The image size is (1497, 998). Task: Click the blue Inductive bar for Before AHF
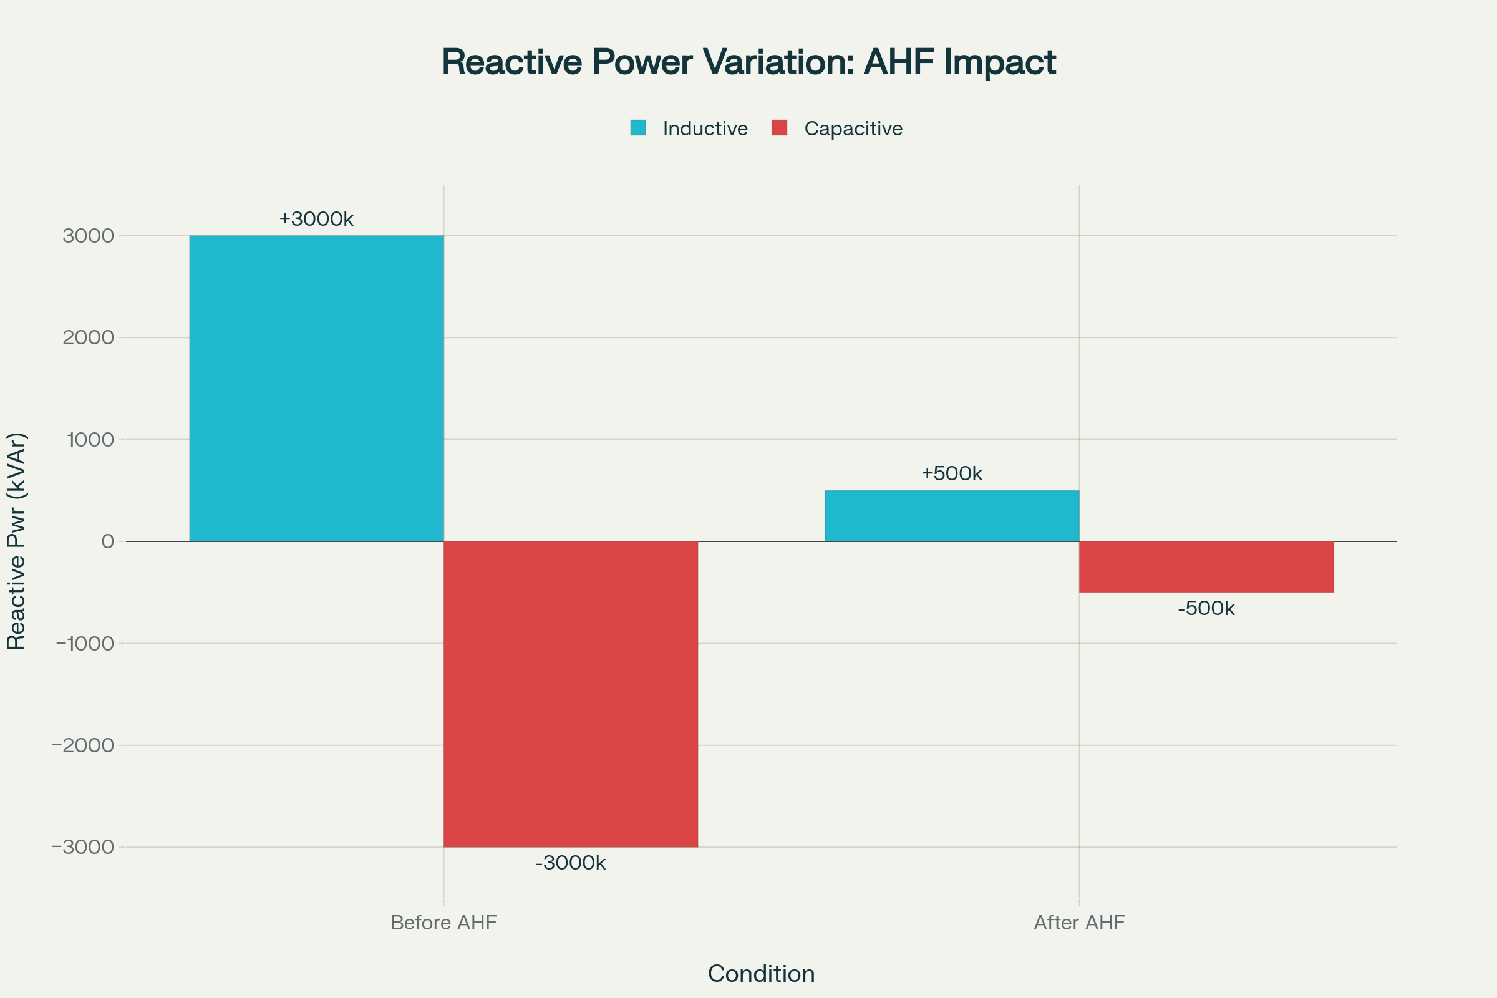tap(316, 388)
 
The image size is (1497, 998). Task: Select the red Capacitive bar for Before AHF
tap(570, 694)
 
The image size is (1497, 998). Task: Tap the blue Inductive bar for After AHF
tap(952, 516)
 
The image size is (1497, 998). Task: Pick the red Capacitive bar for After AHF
tap(1206, 566)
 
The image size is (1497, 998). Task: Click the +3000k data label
tap(316, 219)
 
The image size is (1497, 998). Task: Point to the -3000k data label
tap(570, 863)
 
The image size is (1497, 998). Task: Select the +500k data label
tap(952, 473)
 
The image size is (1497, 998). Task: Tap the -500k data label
tap(1206, 609)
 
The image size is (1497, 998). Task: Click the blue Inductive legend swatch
tap(637, 128)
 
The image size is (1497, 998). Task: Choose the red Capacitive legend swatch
tap(779, 128)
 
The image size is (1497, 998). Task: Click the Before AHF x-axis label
tap(443, 923)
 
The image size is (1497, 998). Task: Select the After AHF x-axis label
tap(1079, 923)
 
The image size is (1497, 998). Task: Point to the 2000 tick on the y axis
tap(89, 337)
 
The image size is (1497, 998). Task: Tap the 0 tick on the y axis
tap(107, 541)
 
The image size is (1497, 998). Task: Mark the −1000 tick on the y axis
tap(85, 644)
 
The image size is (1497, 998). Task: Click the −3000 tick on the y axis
tap(83, 847)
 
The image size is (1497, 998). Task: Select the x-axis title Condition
tap(761, 974)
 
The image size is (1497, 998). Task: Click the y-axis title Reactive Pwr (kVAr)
tap(17, 541)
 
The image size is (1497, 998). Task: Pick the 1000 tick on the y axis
tap(90, 439)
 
